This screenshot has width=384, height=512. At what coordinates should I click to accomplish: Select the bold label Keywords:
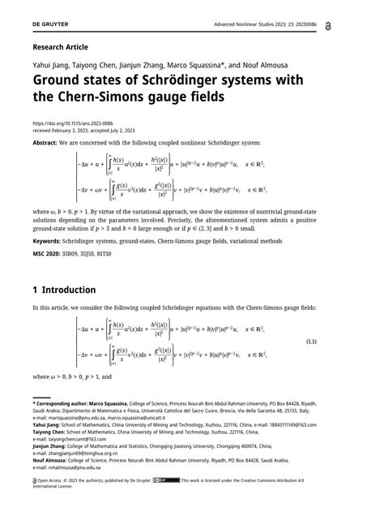pyautogui.click(x=48, y=241)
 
